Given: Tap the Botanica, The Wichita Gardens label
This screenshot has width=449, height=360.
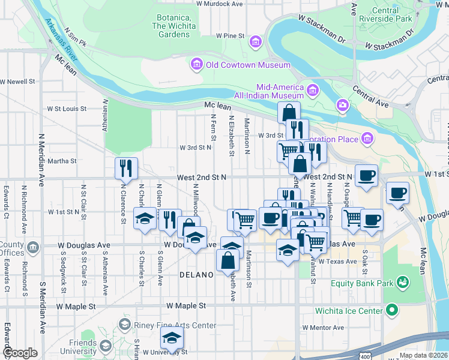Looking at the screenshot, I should pyautogui.click(x=173, y=26).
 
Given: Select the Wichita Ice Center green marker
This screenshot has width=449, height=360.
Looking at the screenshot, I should pyautogui.click(x=392, y=311).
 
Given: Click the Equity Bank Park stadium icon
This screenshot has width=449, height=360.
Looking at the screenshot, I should pyautogui.click(x=403, y=281).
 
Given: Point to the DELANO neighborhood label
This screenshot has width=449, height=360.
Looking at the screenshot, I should pyautogui.click(x=196, y=275).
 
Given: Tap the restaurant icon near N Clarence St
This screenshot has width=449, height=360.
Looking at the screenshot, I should pyautogui.click(x=126, y=169).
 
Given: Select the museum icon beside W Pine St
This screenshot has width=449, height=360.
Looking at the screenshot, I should pyautogui.click(x=256, y=41).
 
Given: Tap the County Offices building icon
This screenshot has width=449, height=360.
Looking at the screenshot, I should pyautogui.click(x=32, y=247).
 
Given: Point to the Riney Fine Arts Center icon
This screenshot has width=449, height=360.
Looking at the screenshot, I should pyautogui.click(x=124, y=325).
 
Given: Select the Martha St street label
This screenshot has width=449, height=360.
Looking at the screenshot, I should pyautogui.click(x=62, y=161).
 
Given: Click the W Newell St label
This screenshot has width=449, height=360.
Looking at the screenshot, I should pyautogui.click(x=19, y=81).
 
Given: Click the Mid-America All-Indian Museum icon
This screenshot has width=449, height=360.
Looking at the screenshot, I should pyautogui.click(x=312, y=91).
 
